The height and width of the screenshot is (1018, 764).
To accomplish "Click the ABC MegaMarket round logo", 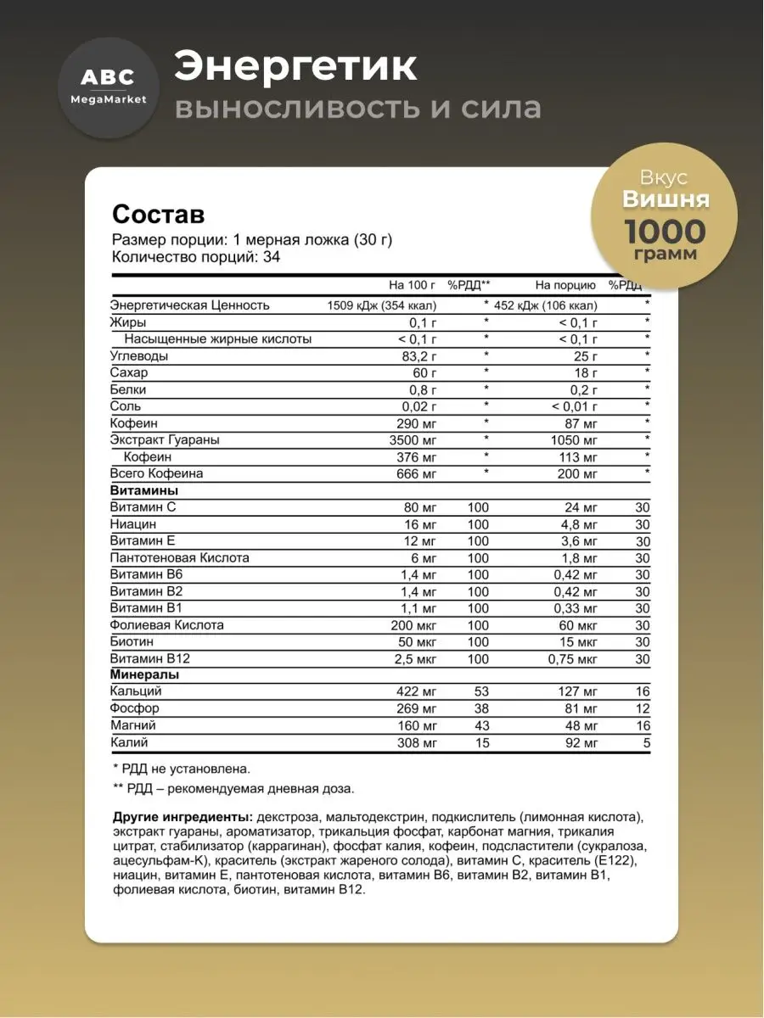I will pyautogui.click(x=102, y=87).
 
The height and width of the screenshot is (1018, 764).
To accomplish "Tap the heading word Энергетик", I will pyautogui.click(x=295, y=68).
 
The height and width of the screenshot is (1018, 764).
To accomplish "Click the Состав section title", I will pyautogui.click(x=159, y=213).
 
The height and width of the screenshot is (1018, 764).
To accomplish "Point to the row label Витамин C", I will pyautogui.click(x=143, y=507).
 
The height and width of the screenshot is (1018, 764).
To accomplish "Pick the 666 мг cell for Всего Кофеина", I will pyautogui.click(x=419, y=473).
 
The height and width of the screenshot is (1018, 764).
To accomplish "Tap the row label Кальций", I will pyautogui.click(x=136, y=692).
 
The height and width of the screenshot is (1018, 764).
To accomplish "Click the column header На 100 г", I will pyautogui.click(x=413, y=285).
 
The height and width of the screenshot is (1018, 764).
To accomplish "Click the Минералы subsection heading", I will pyautogui.click(x=144, y=675).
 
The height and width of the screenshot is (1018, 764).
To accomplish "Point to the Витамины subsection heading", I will pyautogui.click(x=144, y=490).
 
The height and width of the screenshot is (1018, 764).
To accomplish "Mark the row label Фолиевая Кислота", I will pyautogui.click(x=167, y=625).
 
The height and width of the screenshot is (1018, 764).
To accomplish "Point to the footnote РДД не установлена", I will pyautogui.click(x=182, y=769).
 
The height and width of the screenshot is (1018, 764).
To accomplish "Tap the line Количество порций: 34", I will pyautogui.click(x=196, y=257).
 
